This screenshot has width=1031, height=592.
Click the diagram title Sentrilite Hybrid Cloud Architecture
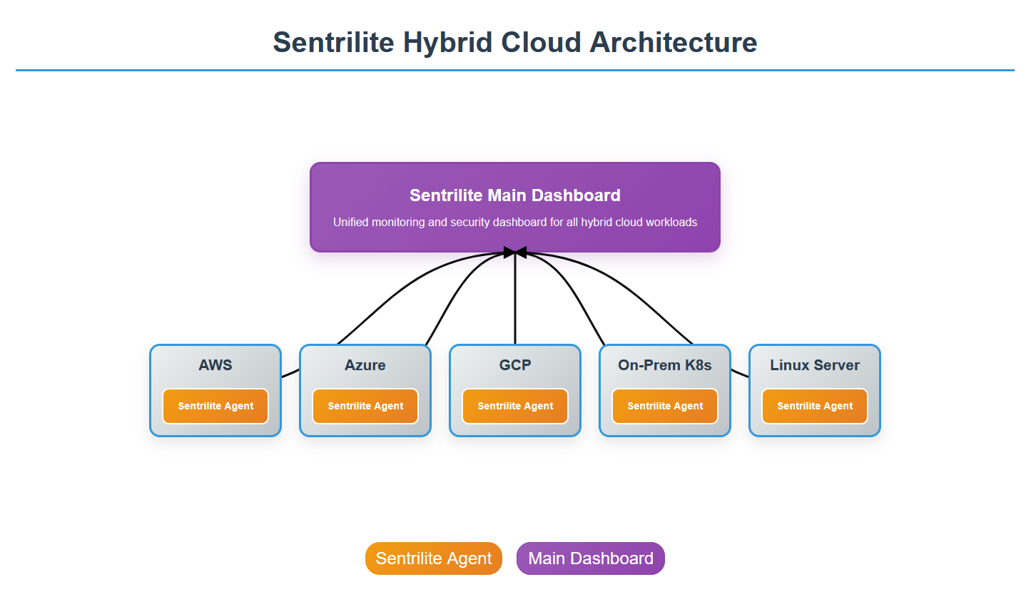(x=514, y=42)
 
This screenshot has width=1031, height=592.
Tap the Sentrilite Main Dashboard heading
(x=514, y=195)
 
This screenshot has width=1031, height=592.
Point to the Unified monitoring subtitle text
(x=514, y=223)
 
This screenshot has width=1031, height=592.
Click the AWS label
(x=215, y=365)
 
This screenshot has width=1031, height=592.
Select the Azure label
(x=365, y=365)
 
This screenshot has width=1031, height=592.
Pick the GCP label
(x=514, y=365)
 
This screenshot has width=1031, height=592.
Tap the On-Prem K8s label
(x=664, y=365)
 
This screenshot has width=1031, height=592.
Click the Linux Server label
(x=814, y=365)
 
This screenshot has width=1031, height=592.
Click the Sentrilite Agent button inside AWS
(x=215, y=406)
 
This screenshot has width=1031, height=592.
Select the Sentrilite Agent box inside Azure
(x=365, y=406)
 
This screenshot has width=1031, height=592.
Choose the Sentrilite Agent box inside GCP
(x=515, y=406)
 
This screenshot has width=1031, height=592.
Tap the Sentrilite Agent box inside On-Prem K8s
(x=665, y=406)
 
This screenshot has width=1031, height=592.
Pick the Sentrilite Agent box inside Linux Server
(x=815, y=406)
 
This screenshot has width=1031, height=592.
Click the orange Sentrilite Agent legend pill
(x=434, y=558)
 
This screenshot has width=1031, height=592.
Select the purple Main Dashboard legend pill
(x=591, y=558)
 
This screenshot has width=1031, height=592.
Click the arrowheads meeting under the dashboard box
(x=514, y=252)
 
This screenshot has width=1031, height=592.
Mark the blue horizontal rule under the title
(x=514, y=70)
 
